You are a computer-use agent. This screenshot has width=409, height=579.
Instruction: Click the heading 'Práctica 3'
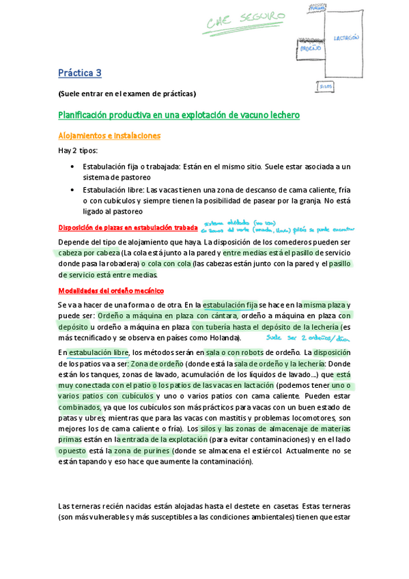coord(80,72)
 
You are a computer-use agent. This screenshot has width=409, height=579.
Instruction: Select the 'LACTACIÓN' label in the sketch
coord(347,38)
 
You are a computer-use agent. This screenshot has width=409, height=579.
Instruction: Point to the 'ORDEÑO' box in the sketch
coord(310,49)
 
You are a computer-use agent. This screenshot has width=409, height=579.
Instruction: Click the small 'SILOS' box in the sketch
coord(326,87)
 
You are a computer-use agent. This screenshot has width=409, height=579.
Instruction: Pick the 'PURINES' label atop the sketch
coord(317,7)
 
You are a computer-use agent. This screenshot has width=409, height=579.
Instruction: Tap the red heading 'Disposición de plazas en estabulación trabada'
coord(128,228)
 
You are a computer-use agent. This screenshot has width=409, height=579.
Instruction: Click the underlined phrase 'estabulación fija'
coord(229,305)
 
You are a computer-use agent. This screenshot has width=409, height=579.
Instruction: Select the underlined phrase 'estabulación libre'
coord(98,352)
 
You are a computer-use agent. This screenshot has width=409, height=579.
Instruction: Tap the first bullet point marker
coord(74,167)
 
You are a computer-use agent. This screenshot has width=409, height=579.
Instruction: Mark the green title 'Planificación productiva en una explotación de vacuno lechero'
coord(179,115)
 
